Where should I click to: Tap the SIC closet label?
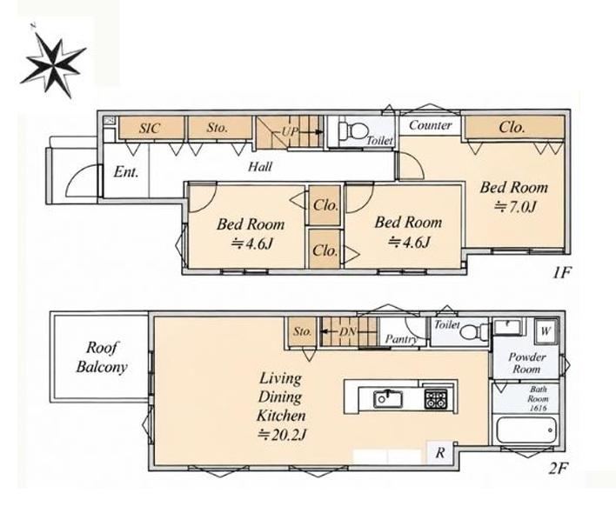[150, 128]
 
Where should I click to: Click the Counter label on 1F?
[430, 125]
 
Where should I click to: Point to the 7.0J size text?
[515, 206]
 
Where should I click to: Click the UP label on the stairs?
[290, 131]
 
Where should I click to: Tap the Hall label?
[259, 167]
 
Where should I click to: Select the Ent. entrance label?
[126, 172]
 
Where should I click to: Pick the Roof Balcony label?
[102, 357]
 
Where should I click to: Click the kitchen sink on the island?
[388, 398]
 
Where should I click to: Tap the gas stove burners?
[435, 398]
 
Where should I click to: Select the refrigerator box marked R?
[440, 453]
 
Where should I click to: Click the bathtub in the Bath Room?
[526, 430]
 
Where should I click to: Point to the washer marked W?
[546, 331]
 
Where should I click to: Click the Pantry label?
[401, 339]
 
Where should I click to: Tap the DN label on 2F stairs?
[347, 332]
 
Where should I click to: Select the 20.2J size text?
[282, 435]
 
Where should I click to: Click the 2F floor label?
[559, 469]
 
